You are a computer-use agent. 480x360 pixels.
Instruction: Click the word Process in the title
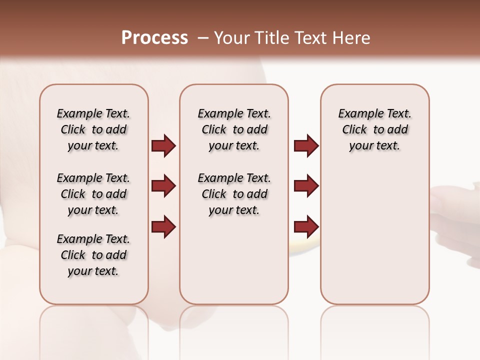pyautogui.click(x=154, y=38)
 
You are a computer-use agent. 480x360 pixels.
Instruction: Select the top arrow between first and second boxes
pyautogui.click(x=163, y=146)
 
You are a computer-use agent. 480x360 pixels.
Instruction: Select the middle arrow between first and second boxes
pyautogui.click(x=163, y=186)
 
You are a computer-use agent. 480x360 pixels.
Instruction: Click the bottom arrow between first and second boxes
pyautogui.click(x=163, y=226)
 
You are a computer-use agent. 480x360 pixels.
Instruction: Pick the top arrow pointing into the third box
pyautogui.click(x=306, y=146)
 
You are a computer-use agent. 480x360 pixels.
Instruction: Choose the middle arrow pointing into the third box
pyautogui.click(x=306, y=186)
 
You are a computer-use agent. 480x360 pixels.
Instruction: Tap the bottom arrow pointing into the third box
pyautogui.click(x=306, y=226)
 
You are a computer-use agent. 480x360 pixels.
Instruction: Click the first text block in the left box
pyautogui.click(x=93, y=129)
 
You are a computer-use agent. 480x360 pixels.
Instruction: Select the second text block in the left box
pyautogui.click(x=93, y=194)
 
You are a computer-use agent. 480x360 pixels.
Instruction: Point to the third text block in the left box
pyautogui.click(x=93, y=255)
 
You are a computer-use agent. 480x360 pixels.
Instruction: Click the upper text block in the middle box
pyautogui.click(x=234, y=129)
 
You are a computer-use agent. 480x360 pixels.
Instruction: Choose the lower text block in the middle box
pyautogui.click(x=234, y=194)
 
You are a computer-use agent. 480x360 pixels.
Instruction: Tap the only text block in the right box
pyautogui.click(x=374, y=129)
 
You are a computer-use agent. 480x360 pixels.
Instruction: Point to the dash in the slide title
pyautogui.click(x=203, y=38)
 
